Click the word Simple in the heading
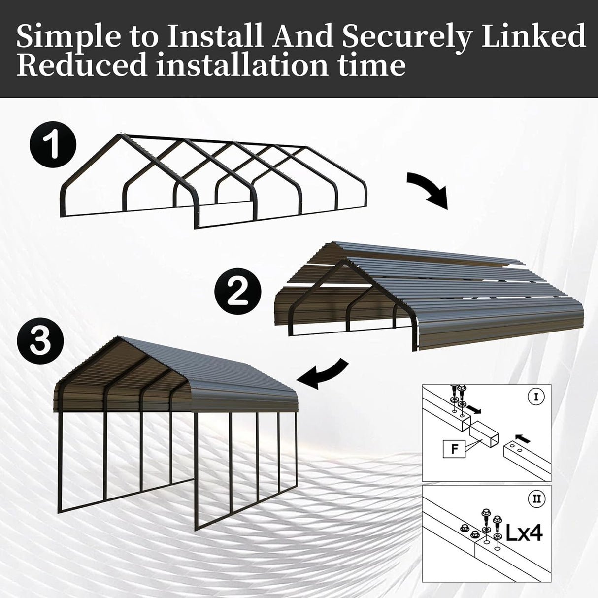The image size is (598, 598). click(64, 36)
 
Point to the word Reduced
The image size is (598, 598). click(82, 66)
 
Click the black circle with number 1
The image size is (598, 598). click(52, 146)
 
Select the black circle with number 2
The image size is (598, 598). click(238, 293)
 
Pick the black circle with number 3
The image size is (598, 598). click(40, 341)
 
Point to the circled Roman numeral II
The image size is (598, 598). click(536, 499)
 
